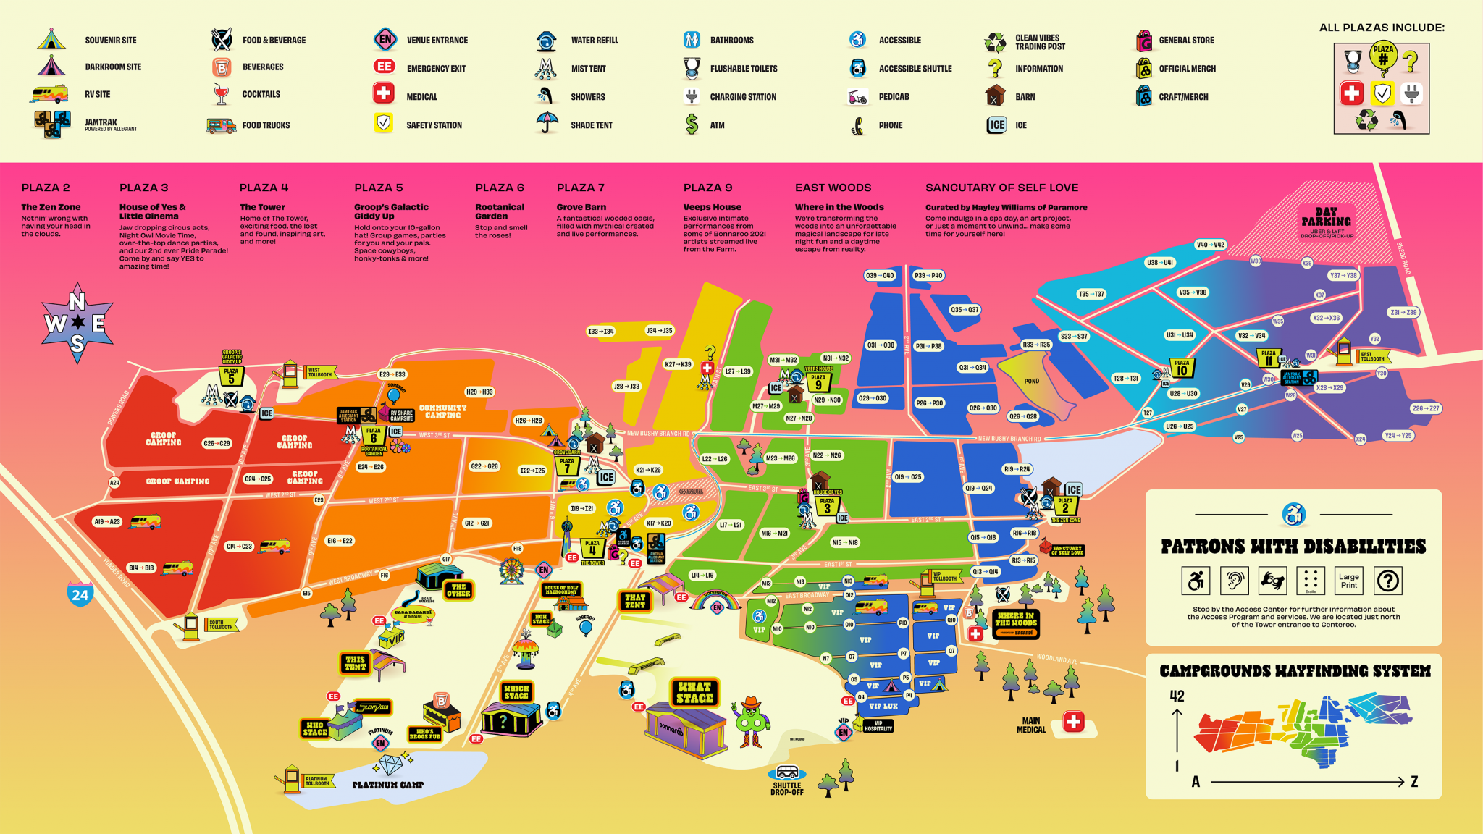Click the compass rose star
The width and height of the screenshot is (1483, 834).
(x=77, y=322)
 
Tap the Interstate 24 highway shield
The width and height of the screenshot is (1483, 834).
(x=80, y=594)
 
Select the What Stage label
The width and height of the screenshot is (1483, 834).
(x=694, y=692)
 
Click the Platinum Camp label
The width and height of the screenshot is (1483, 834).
(x=387, y=785)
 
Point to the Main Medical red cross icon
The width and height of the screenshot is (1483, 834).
(x=1073, y=722)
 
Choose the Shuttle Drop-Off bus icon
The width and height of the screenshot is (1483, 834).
(x=787, y=772)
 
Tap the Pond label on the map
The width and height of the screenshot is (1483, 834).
(x=1031, y=381)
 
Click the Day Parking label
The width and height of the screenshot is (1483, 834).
(x=1326, y=217)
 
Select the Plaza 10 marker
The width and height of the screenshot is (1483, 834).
(x=1182, y=368)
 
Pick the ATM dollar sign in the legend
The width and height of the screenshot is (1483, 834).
(x=692, y=125)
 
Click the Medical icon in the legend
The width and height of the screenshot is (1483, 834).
(x=384, y=94)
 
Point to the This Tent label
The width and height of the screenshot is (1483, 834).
(x=355, y=663)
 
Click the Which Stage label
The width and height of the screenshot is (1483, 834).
(x=516, y=692)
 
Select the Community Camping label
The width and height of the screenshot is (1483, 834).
(x=442, y=411)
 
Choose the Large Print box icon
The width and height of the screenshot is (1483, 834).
(x=1349, y=581)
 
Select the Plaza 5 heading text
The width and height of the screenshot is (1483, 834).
(x=378, y=188)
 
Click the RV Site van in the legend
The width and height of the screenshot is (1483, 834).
(x=49, y=94)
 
